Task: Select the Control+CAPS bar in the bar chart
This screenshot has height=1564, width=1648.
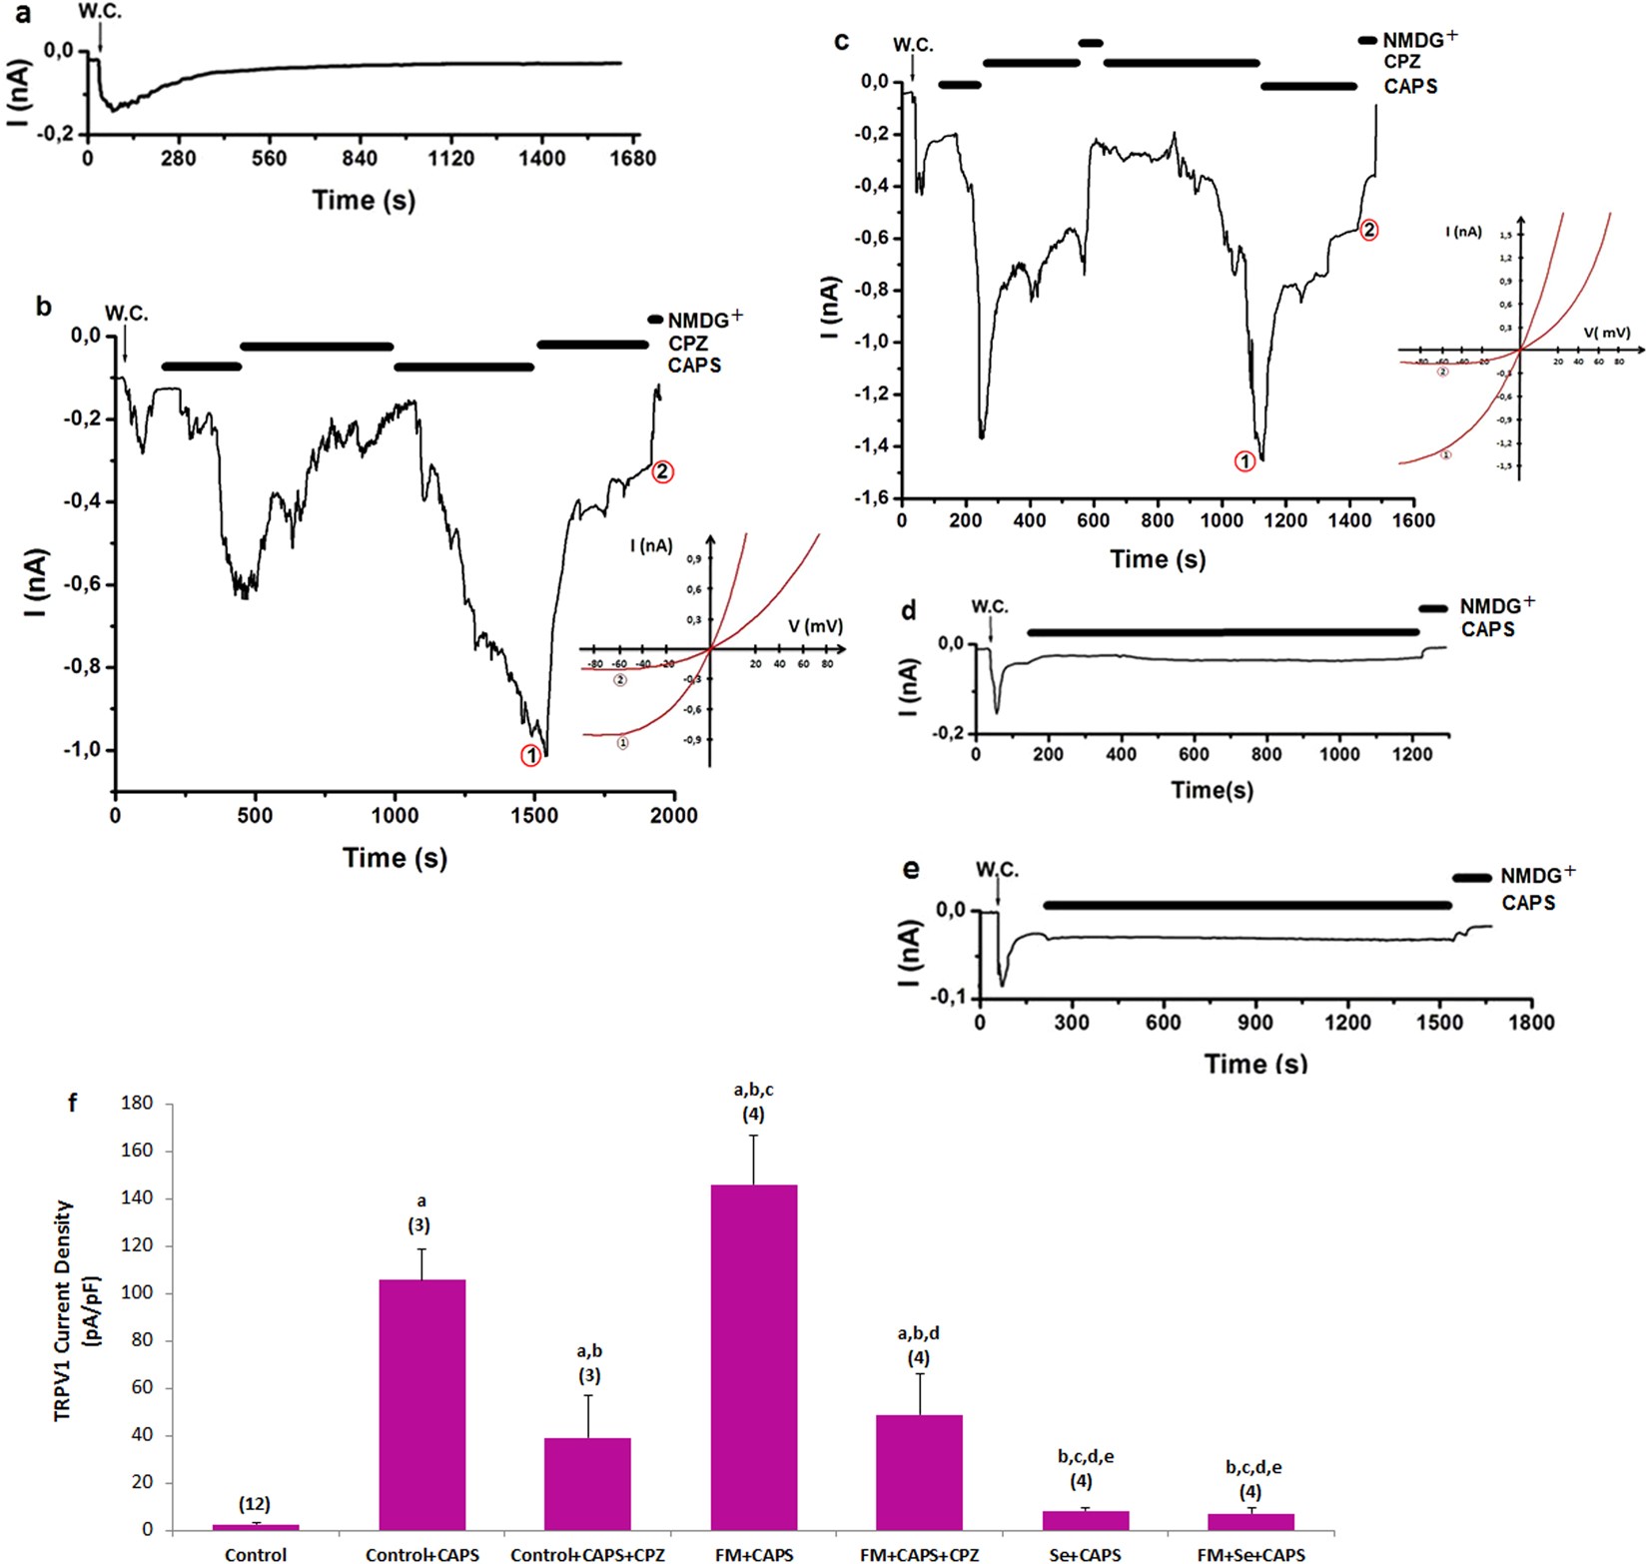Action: [421, 1403]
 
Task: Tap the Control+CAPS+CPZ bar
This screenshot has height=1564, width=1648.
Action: [587, 1483]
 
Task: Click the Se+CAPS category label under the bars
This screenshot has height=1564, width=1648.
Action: [1085, 1555]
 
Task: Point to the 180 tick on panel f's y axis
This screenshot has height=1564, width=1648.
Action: [136, 1104]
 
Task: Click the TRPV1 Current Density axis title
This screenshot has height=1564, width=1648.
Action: [76, 1310]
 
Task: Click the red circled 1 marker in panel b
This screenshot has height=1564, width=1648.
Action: [530, 756]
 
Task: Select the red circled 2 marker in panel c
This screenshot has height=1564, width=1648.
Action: [1369, 230]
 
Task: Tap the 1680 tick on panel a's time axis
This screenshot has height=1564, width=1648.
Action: [632, 159]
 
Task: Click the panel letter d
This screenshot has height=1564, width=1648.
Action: [908, 610]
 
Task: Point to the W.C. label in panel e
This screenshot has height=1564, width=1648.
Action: [997, 870]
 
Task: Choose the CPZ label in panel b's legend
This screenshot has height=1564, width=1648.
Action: [688, 344]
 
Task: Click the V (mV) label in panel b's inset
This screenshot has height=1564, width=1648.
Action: [815, 627]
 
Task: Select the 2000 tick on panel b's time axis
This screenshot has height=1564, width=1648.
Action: [673, 816]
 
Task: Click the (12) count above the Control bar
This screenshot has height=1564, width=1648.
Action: [255, 1504]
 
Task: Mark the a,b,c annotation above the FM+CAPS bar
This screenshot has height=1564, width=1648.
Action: [753, 1090]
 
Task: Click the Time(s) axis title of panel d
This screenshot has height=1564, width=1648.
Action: [1212, 790]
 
